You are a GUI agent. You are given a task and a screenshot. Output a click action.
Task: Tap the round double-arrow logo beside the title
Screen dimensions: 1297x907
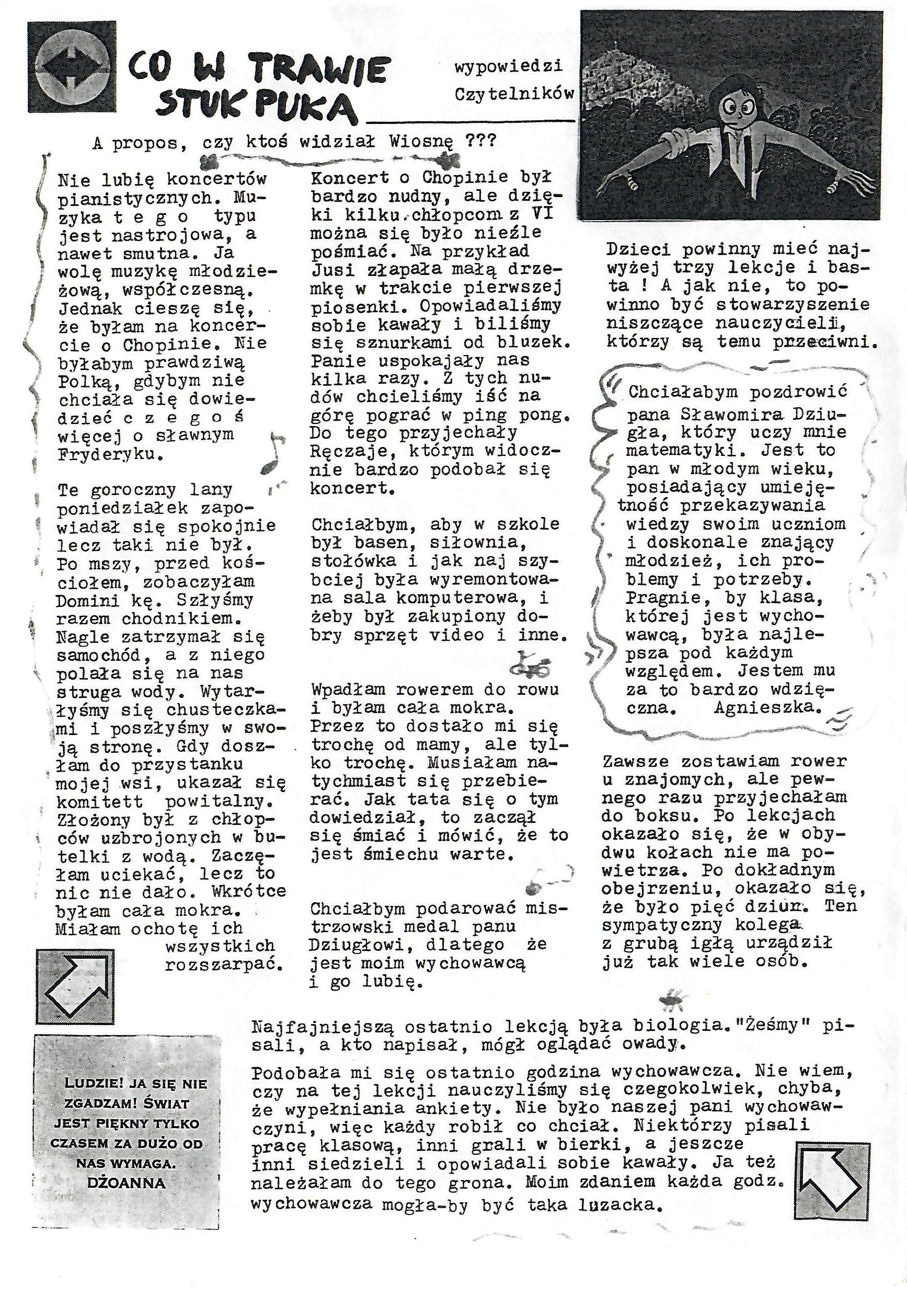click(x=72, y=67)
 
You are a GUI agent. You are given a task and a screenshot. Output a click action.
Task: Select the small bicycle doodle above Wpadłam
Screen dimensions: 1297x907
click(x=529, y=666)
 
